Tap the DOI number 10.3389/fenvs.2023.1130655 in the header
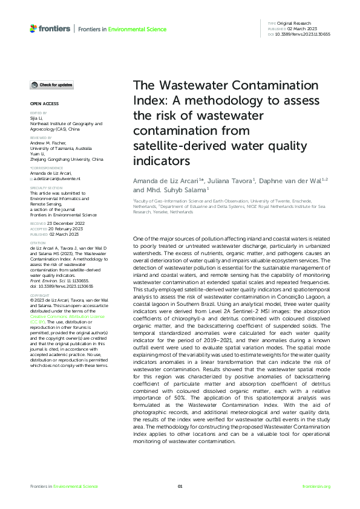pyautogui.click(x=303, y=34)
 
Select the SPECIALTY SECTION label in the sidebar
pyautogui.click(x=46, y=188)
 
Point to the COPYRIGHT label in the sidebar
pyautogui.click(x=39, y=295)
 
